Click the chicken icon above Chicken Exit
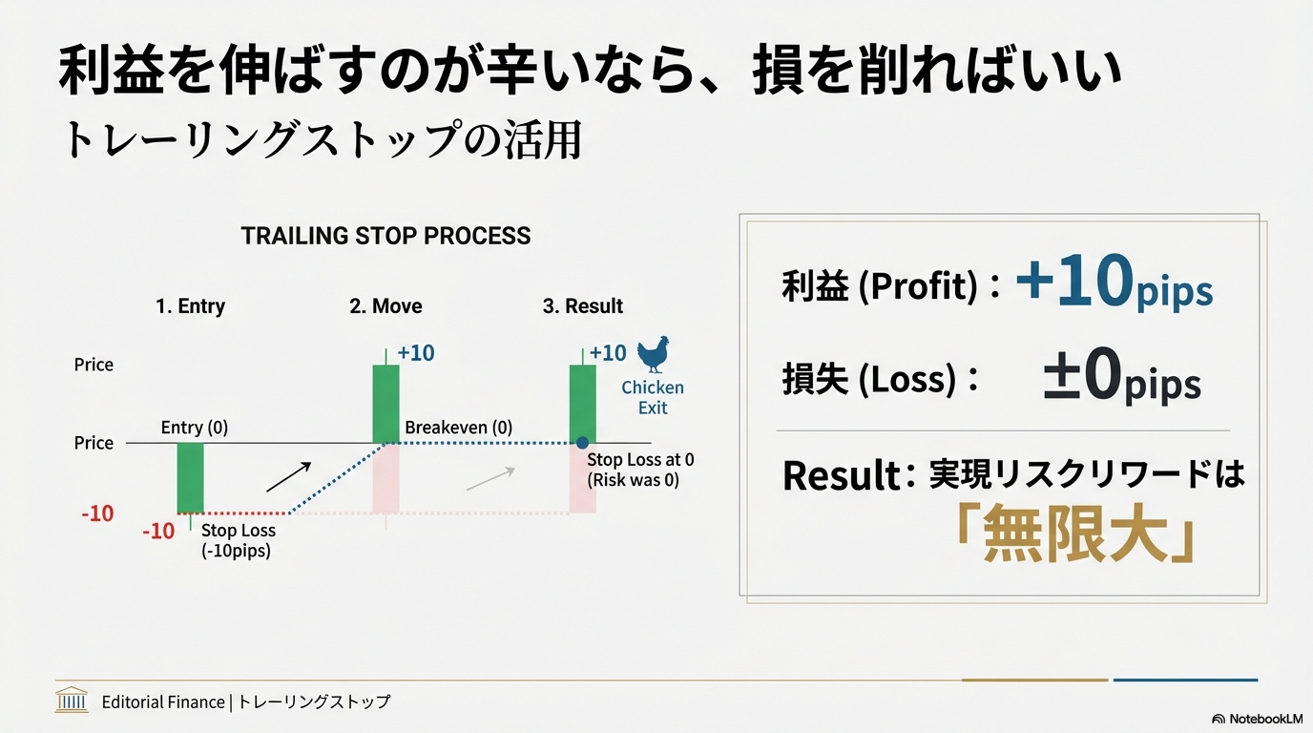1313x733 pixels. [x=654, y=354]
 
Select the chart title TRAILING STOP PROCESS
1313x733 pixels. [x=386, y=236]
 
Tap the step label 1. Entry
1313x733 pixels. [x=190, y=306]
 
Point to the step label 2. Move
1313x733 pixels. [x=386, y=306]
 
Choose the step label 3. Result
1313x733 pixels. [x=582, y=306]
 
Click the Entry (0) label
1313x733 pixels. [x=195, y=428]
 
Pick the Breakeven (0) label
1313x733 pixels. [x=458, y=428]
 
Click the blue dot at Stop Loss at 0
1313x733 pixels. [x=582, y=443]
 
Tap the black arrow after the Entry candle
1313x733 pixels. [x=288, y=476]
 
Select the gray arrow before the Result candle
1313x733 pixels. [x=490, y=478]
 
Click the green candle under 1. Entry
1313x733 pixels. [x=190, y=477]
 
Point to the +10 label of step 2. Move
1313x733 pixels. [x=415, y=353]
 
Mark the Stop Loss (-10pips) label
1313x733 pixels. [x=238, y=540]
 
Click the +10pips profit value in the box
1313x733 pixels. [x=1113, y=283]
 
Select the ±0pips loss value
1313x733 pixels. [x=1121, y=379]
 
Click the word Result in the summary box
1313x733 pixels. [x=841, y=475]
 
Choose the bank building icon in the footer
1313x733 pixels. [x=72, y=701]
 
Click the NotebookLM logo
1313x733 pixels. [x=1257, y=719]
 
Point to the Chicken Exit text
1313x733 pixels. [x=653, y=397]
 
